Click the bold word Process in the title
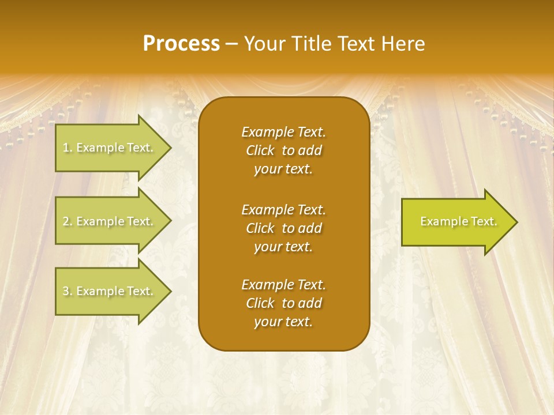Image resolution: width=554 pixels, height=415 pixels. click(181, 44)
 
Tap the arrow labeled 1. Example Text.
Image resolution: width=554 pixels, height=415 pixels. click(108, 148)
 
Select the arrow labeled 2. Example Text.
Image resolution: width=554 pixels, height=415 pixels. click(108, 221)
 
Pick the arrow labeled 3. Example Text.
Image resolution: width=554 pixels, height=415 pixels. click(108, 291)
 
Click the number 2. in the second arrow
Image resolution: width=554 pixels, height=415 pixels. click(68, 221)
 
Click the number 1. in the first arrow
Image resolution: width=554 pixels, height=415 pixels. click(68, 148)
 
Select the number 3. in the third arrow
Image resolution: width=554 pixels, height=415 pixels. click(68, 291)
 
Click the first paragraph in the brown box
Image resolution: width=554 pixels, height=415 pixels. click(283, 150)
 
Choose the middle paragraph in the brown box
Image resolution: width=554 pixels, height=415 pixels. click(283, 228)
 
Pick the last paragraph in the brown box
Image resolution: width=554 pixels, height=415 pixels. click(283, 303)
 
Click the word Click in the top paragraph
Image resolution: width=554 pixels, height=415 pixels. click(260, 150)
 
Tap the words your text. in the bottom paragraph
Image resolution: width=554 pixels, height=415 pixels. click(283, 322)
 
